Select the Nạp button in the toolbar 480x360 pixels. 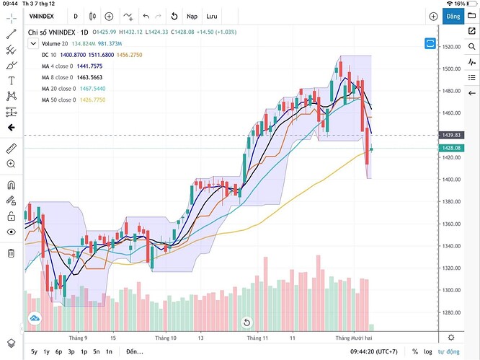pos(192,16)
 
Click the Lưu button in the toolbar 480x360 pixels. pos(211,16)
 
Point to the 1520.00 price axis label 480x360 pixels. pos(452,47)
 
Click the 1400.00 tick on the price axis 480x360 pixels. pos(452,180)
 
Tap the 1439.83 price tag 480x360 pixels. pos(453,136)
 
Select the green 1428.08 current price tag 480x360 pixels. pos(453,149)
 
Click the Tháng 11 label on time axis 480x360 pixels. pos(257,337)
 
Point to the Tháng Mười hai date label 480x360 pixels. pos(352,337)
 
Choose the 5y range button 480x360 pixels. pos(34,351)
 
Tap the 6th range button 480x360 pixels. pos(97,351)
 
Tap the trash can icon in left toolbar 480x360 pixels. pos(11,253)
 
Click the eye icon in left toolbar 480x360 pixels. pos(11,232)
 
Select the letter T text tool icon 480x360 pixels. pos(11,81)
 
